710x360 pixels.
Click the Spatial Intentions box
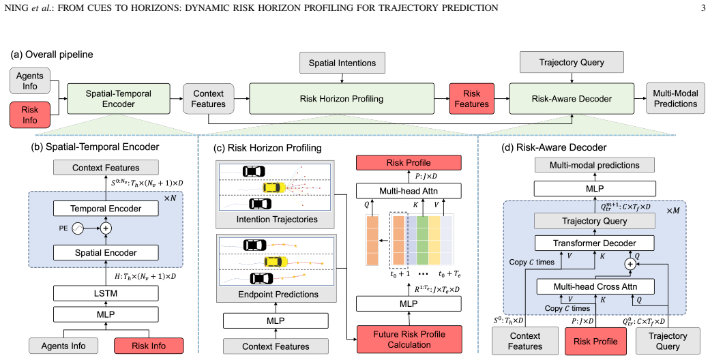coord(342,63)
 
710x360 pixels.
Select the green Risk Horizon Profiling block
coord(342,99)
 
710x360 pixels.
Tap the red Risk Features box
coord(471,99)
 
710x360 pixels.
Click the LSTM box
coord(106,293)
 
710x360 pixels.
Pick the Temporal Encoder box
coord(106,209)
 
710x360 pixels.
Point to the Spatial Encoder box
coord(106,253)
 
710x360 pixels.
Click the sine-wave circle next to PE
coord(78,228)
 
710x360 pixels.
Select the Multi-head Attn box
coord(409,191)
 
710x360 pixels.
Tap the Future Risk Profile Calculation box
coord(409,339)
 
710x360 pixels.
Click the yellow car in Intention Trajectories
coord(275,187)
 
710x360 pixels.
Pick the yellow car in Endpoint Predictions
coord(276,262)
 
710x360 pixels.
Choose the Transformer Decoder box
coord(595,243)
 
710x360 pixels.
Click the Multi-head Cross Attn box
coord(595,286)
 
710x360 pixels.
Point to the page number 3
coord(702,7)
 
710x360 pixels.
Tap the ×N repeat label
coord(170,198)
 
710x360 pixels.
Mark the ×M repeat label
coord(673,211)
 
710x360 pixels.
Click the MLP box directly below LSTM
coord(106,314)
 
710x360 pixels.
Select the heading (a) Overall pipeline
coord(52,55)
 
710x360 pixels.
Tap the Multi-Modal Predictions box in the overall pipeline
coord(675,98)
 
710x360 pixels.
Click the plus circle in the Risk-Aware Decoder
coord(630,264)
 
